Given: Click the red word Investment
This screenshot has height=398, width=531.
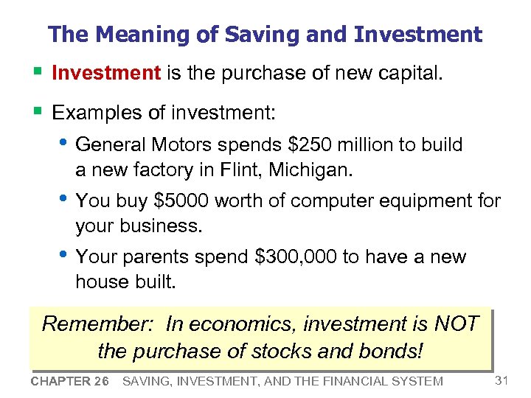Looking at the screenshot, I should (x=106, y=74).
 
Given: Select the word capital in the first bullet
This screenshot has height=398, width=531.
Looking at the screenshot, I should (x=404, y=74).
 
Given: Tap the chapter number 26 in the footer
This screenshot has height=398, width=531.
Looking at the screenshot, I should (x=100, y=381).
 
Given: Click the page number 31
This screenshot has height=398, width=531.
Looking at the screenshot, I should (x=502, y=380).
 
